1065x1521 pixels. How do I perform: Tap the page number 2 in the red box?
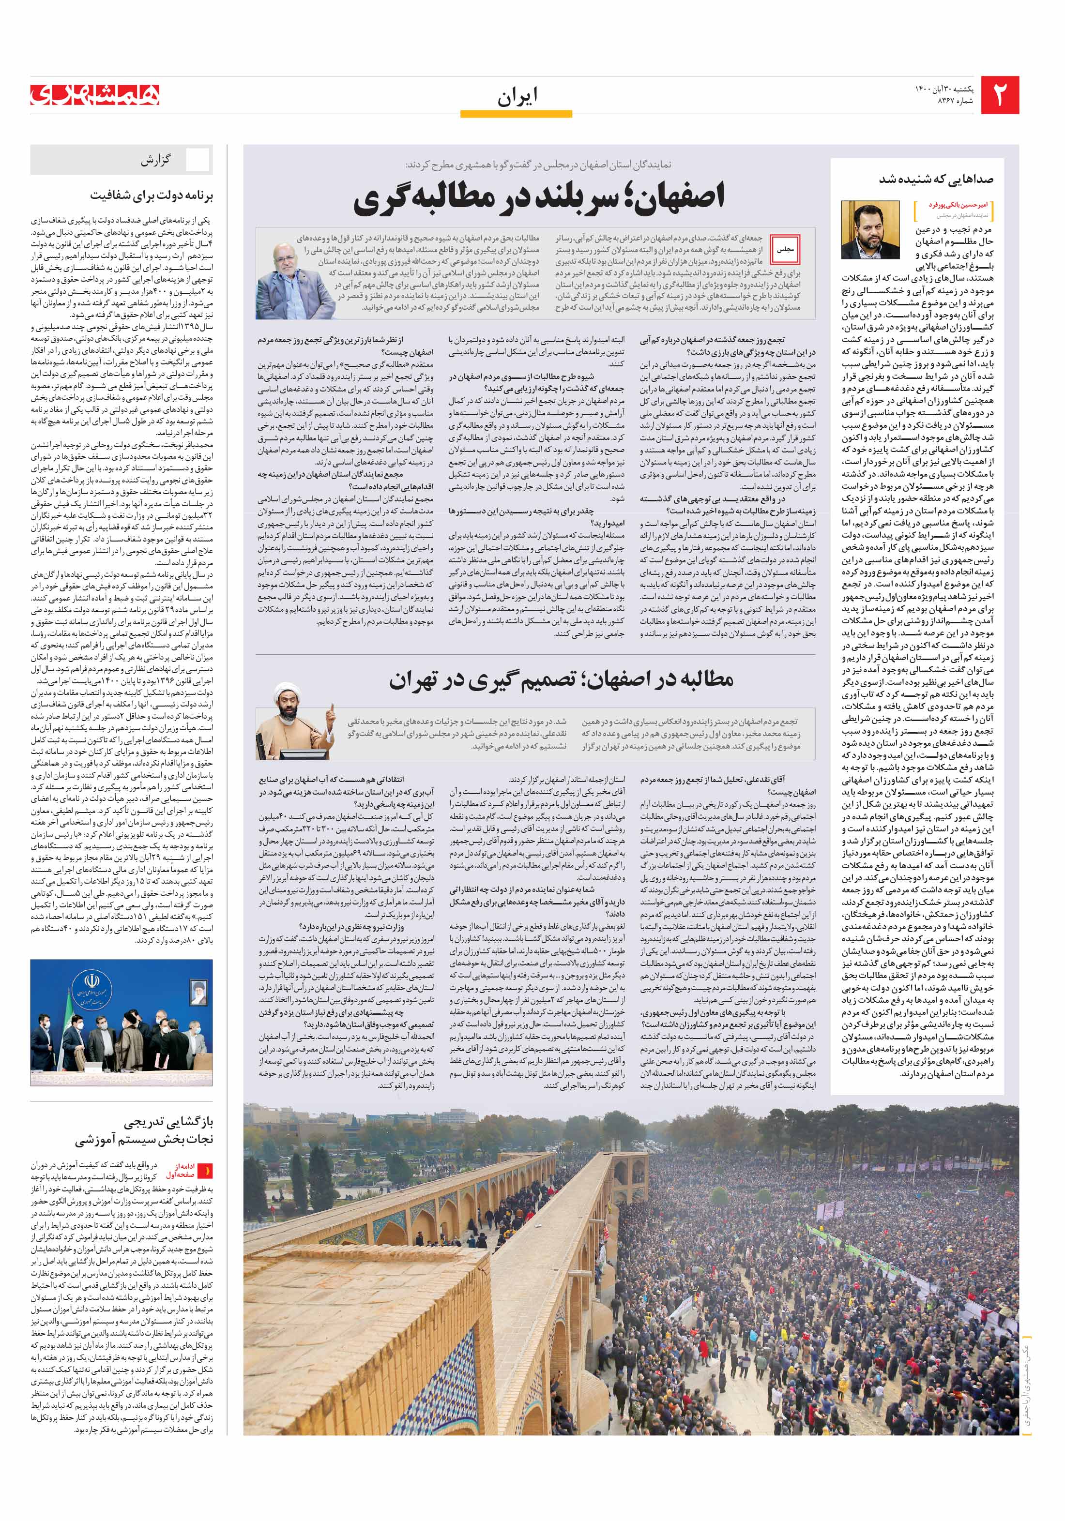click(999, 95)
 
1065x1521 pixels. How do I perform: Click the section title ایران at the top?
click(517, 97)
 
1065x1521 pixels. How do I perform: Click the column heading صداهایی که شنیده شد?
click(936, 179)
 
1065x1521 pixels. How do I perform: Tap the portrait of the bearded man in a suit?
click(869, 230)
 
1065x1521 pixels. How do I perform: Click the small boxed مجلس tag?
click(785, 250)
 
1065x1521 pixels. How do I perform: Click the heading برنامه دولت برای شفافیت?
click(152, 196)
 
